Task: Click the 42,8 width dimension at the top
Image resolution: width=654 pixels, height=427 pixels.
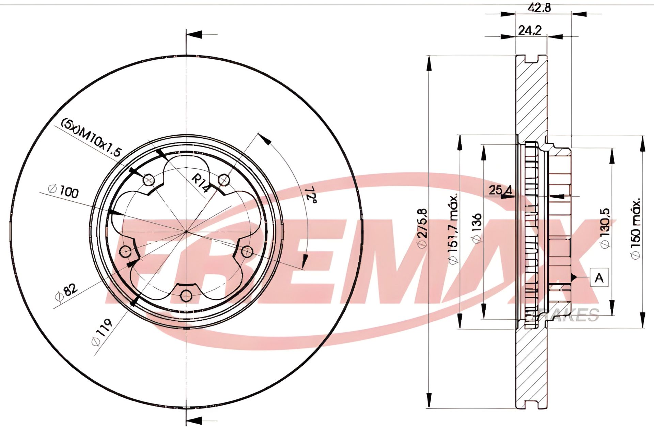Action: (x=539, y=7)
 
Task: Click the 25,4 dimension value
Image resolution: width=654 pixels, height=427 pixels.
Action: (x=500, y=190)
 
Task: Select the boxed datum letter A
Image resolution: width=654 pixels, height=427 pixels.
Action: (x=599, y=278)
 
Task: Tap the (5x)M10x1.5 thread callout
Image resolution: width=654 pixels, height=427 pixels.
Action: (x=91, y=137)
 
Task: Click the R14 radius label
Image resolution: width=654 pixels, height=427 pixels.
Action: (x=200, y=183)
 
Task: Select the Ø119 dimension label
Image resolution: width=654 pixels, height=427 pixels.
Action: (x=102, y=332)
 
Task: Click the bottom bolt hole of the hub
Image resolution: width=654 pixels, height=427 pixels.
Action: (x=186, y=295)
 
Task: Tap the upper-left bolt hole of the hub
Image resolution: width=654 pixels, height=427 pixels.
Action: (x=149, y=180)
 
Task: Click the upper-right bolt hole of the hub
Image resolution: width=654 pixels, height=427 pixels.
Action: (x=223, y=180)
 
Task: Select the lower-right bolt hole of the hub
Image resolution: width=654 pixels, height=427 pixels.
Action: (x=247, y=252)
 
